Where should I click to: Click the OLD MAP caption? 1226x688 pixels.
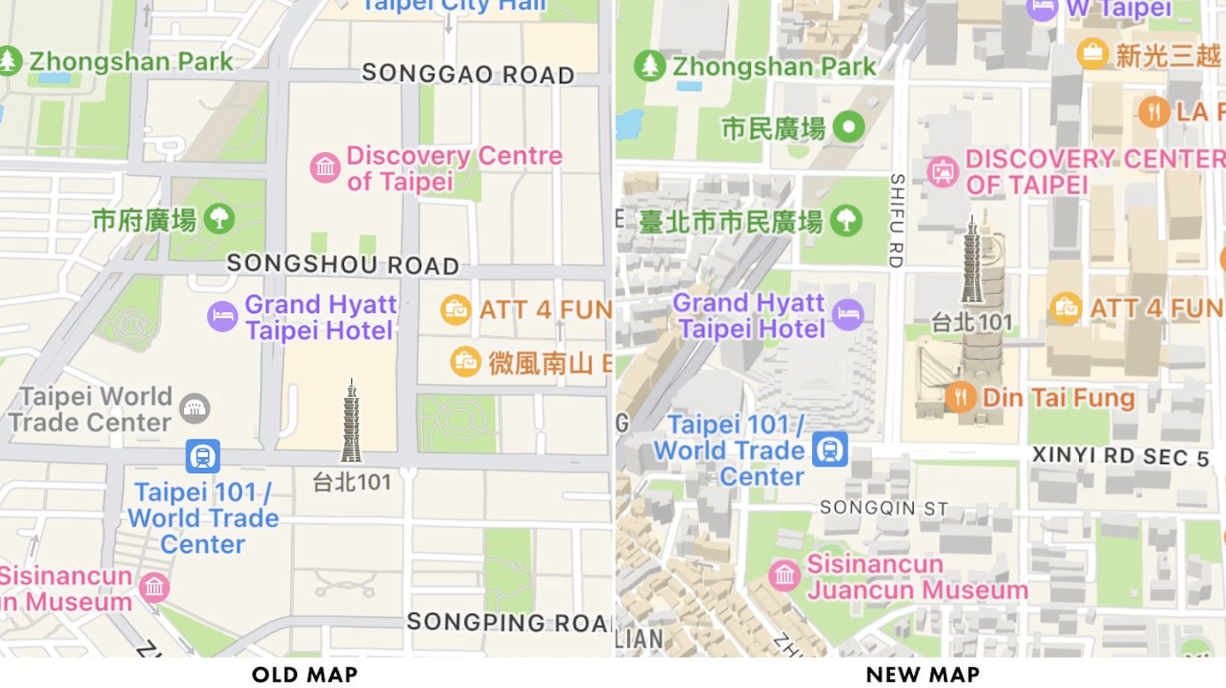[304, 675]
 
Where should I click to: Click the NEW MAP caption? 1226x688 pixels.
[923, 675]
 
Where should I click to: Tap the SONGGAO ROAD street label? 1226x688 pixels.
[468, 73]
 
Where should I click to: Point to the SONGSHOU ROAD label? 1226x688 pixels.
[342, 264]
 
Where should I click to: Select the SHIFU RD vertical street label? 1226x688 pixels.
[896, 221]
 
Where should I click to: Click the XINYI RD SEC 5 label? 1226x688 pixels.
[1120, 457]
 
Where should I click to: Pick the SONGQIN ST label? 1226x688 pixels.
[884, 508]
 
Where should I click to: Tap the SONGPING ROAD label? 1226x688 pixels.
[508, 622]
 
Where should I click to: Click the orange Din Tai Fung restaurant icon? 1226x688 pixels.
[960, 396]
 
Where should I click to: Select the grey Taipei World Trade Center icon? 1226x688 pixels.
[195, 409]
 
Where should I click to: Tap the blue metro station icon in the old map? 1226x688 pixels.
[203, 456]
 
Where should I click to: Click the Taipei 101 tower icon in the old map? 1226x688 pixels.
[351, 422]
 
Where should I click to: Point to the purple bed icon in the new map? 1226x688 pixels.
[847, 313]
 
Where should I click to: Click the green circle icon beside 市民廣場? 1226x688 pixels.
[849, 127]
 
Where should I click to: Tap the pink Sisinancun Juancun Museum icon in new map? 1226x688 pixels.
[784, 576]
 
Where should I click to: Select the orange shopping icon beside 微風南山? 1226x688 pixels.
[464, 361]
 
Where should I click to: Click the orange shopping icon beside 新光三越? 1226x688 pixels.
[1092, 54]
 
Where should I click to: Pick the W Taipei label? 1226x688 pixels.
[1118, 9]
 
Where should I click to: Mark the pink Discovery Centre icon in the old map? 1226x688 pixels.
[325, 167]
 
